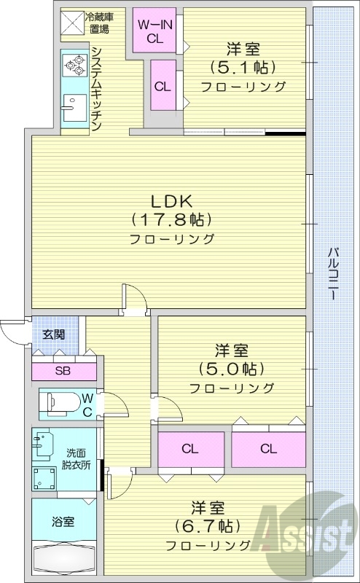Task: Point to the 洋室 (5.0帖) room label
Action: [232, 368]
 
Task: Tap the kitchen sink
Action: [72, 109]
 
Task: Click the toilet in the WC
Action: [61, 402]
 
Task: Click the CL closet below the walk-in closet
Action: [163, 85]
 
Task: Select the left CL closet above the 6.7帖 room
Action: [191, 448]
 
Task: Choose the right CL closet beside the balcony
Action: [268, 448]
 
